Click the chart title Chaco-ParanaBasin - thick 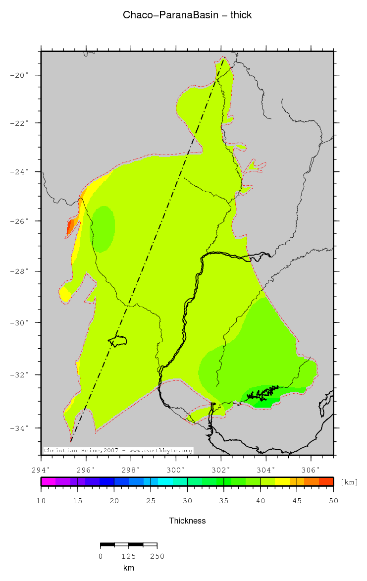[x=187, y=15]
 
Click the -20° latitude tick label [x=21, y=75]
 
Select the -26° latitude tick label [x=21, y=221]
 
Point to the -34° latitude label [x=21, y=428]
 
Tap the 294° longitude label [x=41, y=469]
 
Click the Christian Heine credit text [x=118, y=451]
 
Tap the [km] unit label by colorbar [x=349, y=482]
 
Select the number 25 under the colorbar [x=151, y=501]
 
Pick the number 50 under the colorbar [x=333, y=501]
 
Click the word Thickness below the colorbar [x=187, y=521]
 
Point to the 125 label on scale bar [x=128, y=556]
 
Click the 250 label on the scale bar [x=157, y=556]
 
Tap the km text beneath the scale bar [x=128, y=568]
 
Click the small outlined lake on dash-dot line [x=119, y=341]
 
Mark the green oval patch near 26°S [x=103, y=229]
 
